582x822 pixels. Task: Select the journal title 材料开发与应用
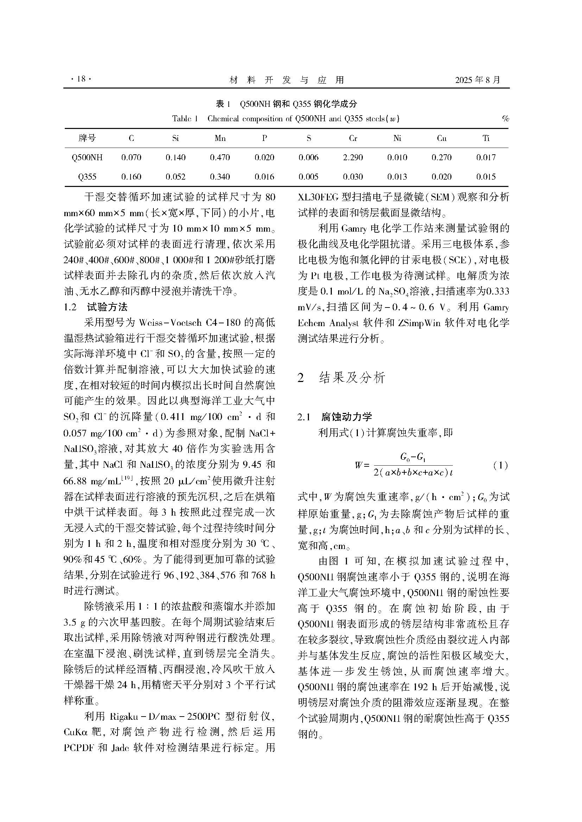click(286, 80)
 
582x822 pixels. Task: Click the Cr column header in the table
click(353, 138)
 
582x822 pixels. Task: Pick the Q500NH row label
click(87, 157)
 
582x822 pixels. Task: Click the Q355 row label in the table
click(87, 177)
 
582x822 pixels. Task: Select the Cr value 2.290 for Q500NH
click(353, 157)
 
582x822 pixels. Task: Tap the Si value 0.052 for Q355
click(176, 177)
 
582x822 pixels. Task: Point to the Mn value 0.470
click(220, 157)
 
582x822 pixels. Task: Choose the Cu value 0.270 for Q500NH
click(442, 157)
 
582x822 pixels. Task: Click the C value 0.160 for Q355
click(132, 177)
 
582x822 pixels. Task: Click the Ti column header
click(486, 138)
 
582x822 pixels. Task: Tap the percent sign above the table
click(505, 119)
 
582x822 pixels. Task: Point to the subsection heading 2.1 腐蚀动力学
click(335, 417)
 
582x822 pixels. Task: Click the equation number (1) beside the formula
click(500, 466)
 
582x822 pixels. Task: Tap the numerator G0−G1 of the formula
click(412, 457)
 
